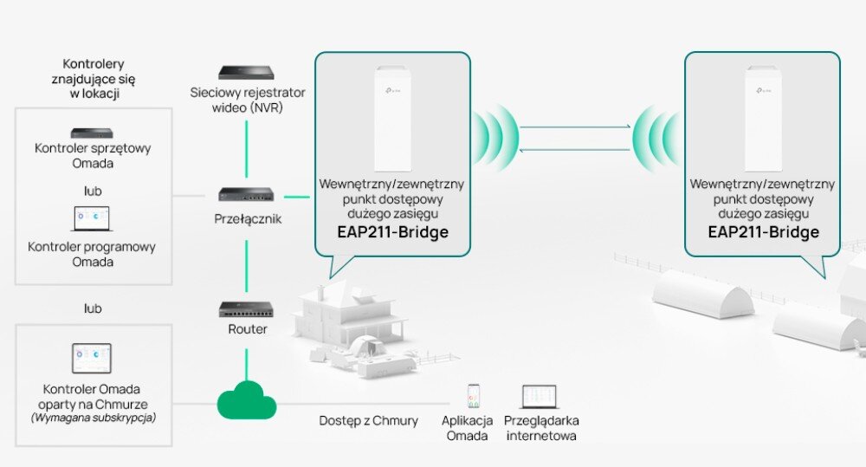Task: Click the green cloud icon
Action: tap(247, 400)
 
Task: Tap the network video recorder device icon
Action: tap(247, 73)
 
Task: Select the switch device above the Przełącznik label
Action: tap(247, 195)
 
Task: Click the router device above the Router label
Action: tap(247, 308)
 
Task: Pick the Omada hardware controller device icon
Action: tap(92, 133)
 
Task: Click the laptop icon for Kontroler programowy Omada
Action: tap(91, 218)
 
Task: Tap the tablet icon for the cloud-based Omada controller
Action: tap(91, 358)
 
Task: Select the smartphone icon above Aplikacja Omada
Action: tap(474, 396)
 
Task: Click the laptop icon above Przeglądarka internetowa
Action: tap(540, 397)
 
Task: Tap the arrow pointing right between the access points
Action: tap(575, 126)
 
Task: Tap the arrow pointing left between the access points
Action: tap(575, 149)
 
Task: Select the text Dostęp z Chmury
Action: tap(368, 420)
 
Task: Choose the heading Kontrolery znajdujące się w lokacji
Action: tap(94, 78)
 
